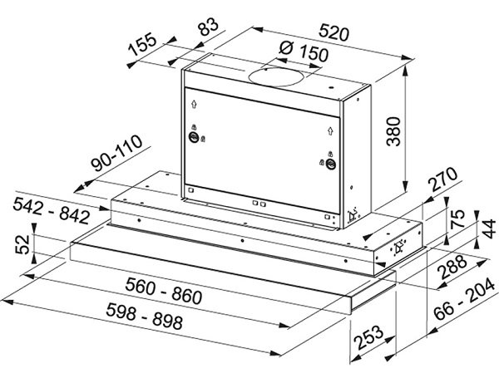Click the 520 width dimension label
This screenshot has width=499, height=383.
(334, 32)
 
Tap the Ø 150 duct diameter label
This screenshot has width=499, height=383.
(304, 52)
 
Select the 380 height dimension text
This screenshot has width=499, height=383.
(393, 131)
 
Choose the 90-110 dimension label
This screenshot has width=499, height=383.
(116, 153)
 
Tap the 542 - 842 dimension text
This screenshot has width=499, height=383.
(52, 210)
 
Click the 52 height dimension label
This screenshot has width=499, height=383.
(22, 244)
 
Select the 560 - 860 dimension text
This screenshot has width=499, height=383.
(164, 291)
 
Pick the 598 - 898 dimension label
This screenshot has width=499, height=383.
(145, 316)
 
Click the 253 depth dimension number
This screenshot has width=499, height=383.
(368, 337)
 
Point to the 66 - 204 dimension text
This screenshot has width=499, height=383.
(464, 299)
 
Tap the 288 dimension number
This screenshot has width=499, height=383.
(452, 267)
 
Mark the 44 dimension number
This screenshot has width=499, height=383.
(489, 228)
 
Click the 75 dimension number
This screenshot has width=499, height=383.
(458, 219)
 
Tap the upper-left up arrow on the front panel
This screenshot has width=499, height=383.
(194, 104)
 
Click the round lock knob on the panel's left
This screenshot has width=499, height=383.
(193, 137)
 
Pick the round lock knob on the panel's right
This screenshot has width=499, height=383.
(331, 164)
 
